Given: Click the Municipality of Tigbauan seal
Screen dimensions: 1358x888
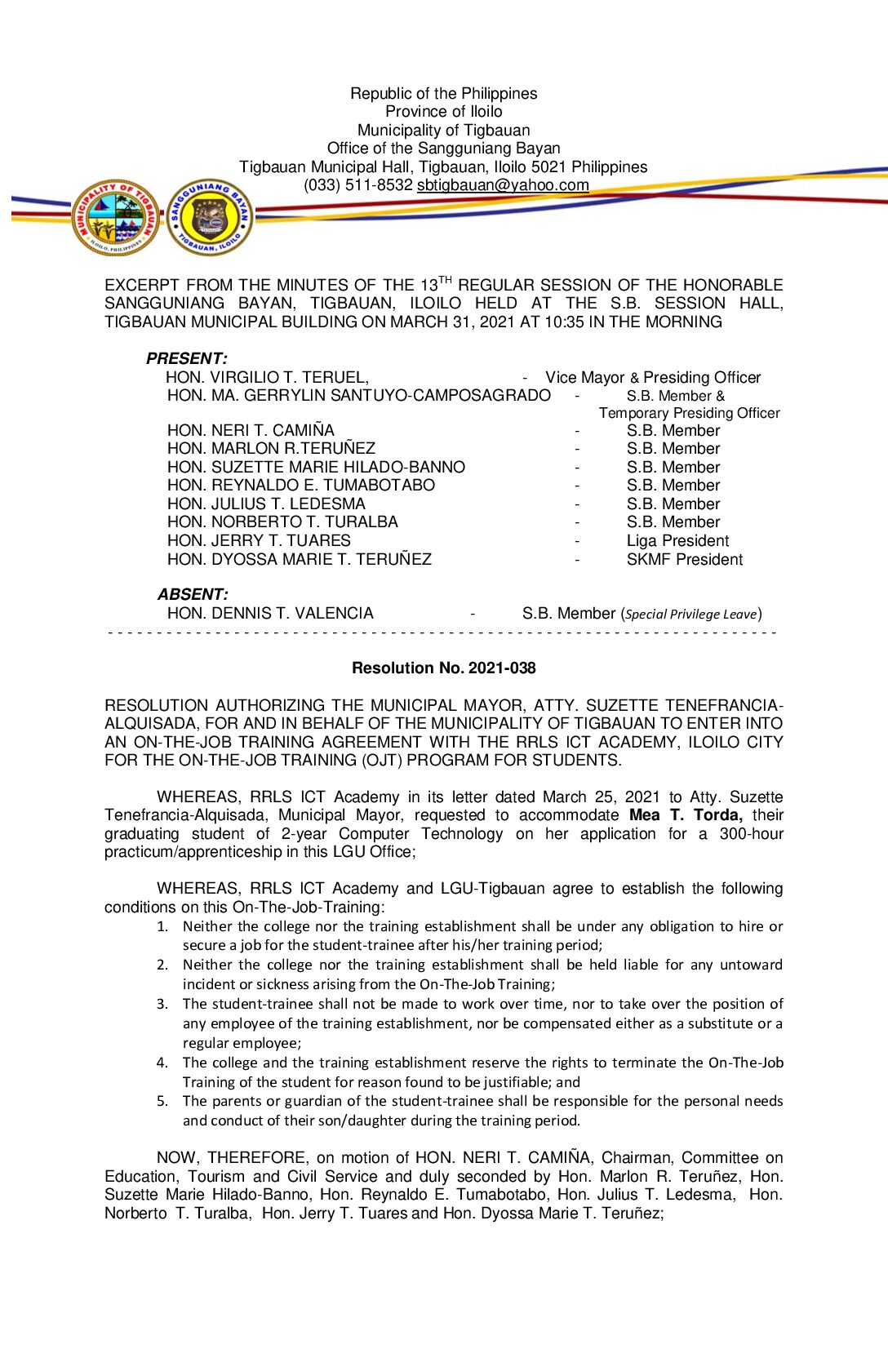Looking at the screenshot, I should click(115, 217).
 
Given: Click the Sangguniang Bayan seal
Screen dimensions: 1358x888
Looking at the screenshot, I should click(211, 217).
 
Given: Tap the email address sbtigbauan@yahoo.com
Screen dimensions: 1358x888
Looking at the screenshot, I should click(503, 185).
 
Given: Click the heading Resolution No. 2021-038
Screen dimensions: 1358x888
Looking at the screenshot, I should click(443, 668).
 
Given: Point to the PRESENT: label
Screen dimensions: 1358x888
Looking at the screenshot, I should click(186, 358).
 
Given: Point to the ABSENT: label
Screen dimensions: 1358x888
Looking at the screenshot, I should click(193, 594).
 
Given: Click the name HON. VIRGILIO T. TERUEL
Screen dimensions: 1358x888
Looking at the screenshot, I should click(267, 377).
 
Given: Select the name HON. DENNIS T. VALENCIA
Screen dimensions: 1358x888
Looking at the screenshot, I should click(270, 613).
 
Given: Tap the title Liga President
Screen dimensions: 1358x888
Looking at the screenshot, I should click(677, 540).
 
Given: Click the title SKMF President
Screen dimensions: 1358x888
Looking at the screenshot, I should click(684, 559).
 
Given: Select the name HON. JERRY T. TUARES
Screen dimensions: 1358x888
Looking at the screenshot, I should click(259, 540).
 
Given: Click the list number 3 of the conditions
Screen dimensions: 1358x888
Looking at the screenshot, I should click(162, 1004).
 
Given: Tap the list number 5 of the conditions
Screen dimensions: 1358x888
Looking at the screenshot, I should click(162, 1101).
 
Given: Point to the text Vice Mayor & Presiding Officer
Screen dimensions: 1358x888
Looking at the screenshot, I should click(653, 377).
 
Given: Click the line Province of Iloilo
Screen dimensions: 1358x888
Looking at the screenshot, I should click(443, 112).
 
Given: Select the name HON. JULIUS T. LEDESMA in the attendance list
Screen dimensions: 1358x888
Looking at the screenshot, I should click(266, 504).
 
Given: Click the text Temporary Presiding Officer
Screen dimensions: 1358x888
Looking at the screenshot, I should click(689, 413).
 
